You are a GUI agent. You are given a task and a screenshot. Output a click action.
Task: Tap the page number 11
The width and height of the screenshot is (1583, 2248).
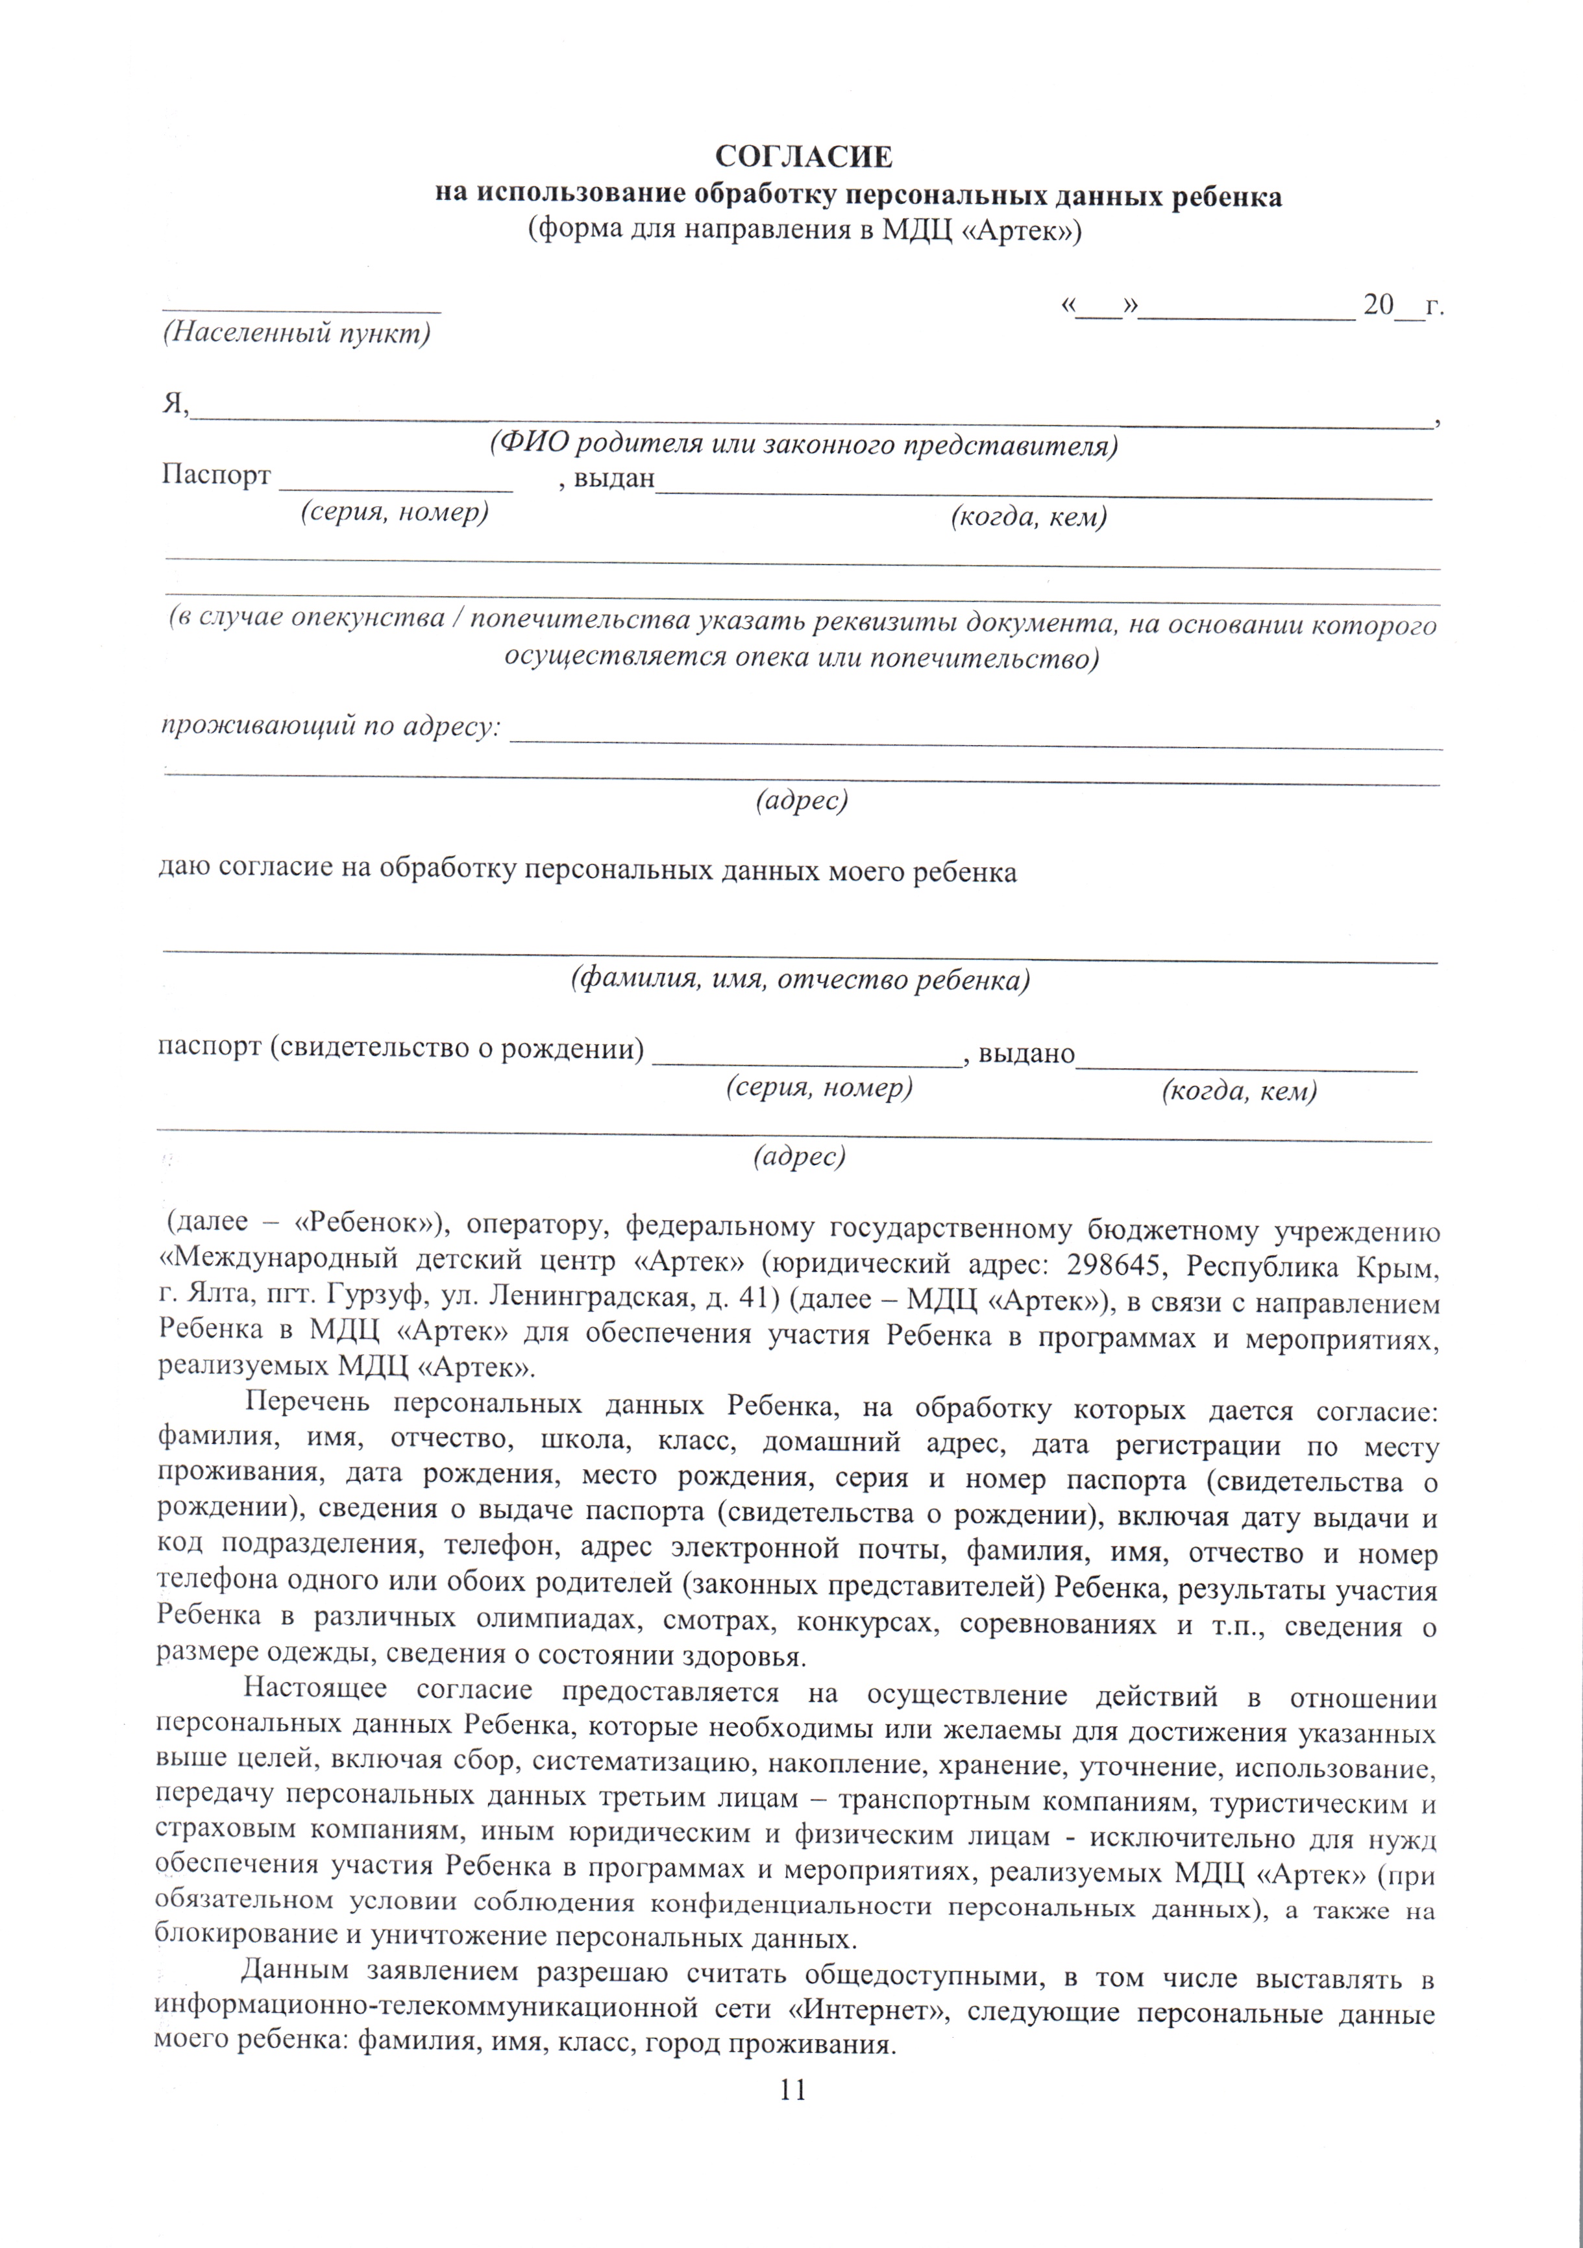[793, 2090]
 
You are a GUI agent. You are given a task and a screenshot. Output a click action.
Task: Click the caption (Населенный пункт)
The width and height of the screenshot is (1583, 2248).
[297, 334]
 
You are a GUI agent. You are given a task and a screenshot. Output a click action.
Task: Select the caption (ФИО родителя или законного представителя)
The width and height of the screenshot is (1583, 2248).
[803, 445]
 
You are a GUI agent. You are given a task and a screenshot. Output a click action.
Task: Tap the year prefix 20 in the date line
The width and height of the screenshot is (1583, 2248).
[1377, 306]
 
